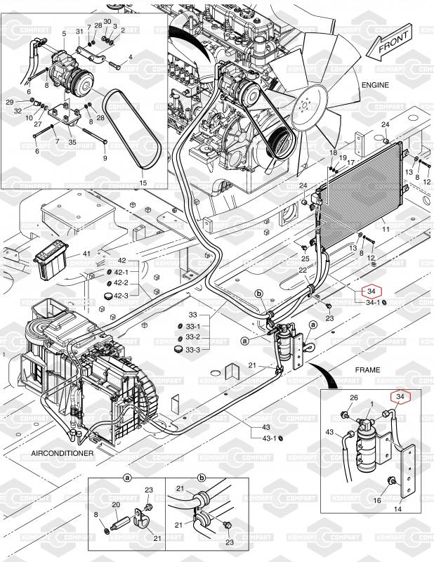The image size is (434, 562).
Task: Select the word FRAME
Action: [x=367, y=370]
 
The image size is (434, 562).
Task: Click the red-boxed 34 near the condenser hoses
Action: [x=370, y=291]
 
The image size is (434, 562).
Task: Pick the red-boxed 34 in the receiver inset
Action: [x=401, y=398]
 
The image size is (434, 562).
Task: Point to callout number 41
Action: [x=87, y=253]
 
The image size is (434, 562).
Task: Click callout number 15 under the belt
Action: [x=143, y=183]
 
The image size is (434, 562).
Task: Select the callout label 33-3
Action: [x=193, y=349]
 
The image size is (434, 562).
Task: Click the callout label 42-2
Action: [x=121, y=282]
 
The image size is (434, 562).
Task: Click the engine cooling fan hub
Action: [x=304, y=106]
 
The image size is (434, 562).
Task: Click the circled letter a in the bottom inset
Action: [x=128, y=477]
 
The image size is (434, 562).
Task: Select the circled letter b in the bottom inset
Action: [x=202, y=477]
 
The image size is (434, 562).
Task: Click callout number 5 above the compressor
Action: [x=64, y=33]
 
